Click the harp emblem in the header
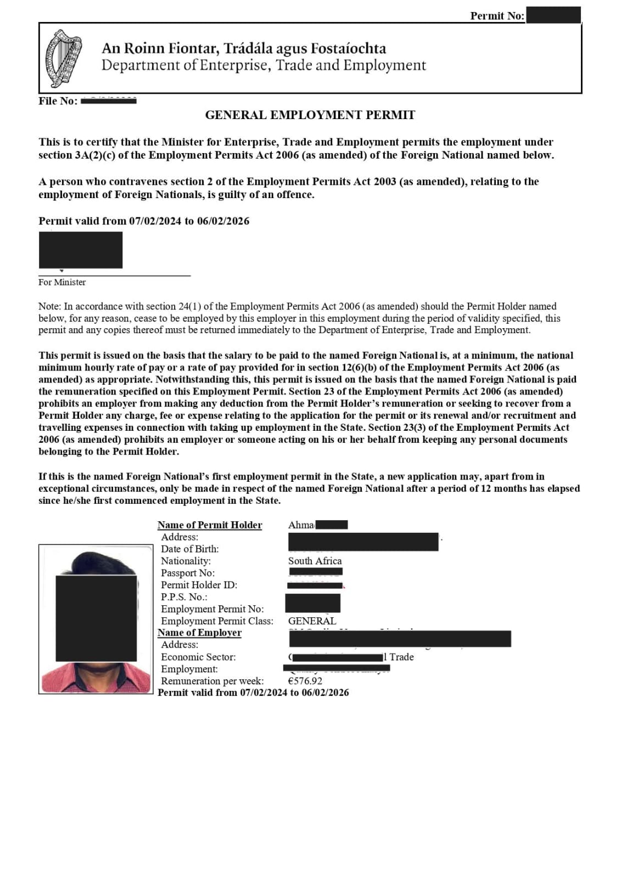tap(63, 58)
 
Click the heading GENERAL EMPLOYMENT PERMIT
tap(310, 115)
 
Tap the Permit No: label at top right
tap(496, 16)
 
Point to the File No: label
tap(58, 101)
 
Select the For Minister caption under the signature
tap(62, 282)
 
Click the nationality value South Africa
tap(315, 561)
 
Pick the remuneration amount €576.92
tap(305, 681)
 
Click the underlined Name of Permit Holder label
tap(210, 525)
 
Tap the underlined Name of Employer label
tap(199, 633)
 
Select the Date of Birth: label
tap(189, 549)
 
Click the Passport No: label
tap(187, 573)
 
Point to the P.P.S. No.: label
tap(184, 597)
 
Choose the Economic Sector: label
tap(198, 657)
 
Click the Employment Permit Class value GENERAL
tap(312, 621)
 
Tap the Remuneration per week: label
tap(212, 681)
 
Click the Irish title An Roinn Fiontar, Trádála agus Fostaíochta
tap(244, 48)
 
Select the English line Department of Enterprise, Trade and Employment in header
tap(264, 65)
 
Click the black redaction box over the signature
tap(81, 250)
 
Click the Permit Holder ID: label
tap(199, 585)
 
